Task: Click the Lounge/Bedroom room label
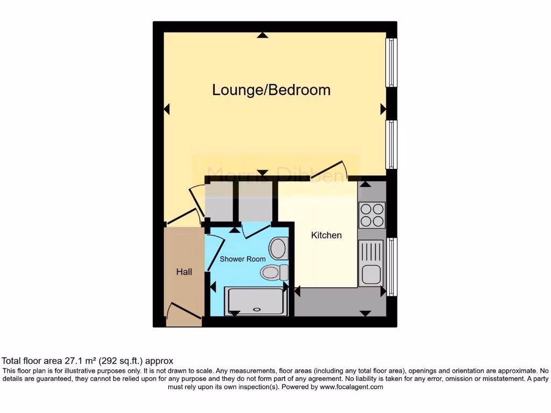[271, 90]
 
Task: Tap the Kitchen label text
[326, 236]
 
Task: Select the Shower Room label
[243, 259]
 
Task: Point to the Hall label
[184, 272]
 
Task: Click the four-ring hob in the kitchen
[372, 215]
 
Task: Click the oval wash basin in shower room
[278, 248]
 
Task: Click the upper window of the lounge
[392, 62]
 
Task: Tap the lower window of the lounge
[392, 144]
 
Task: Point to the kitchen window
[392, 267]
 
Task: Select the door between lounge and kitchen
[329, 168]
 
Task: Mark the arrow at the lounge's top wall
[262, 35]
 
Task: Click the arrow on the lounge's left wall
[167, 109]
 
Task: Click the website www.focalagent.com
[351, 387]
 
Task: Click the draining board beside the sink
[371, 253]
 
